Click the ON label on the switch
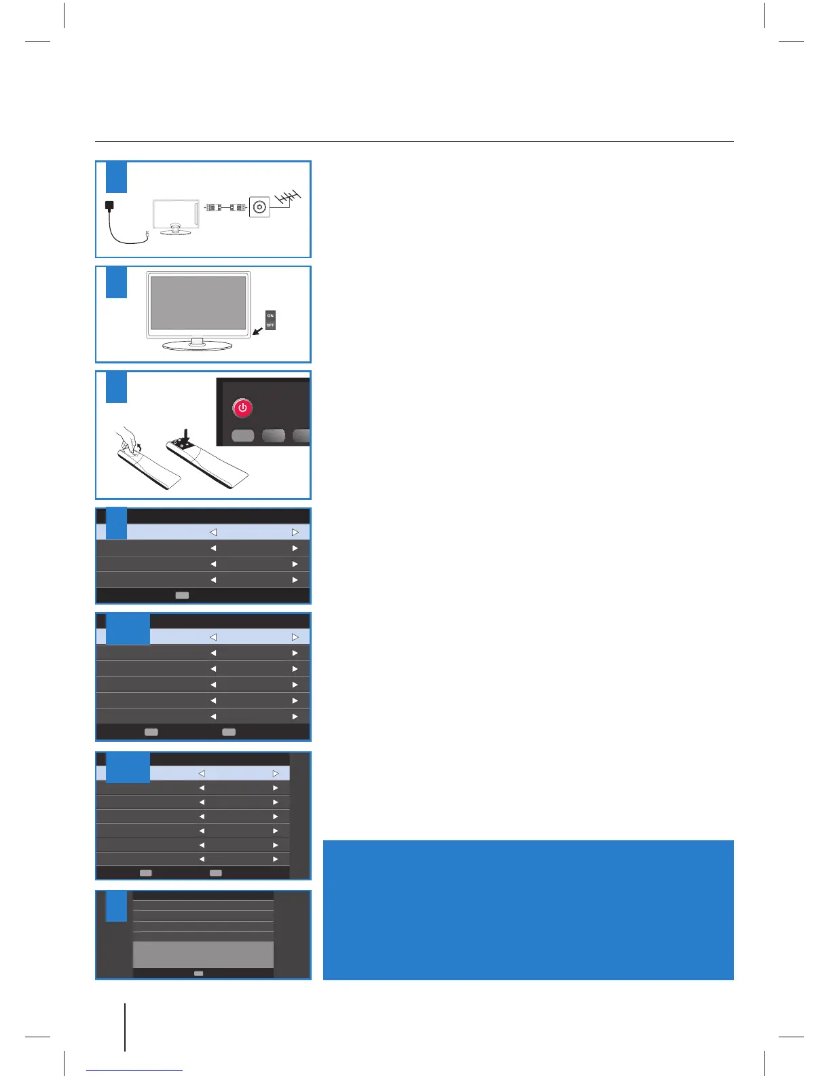coord(270,316)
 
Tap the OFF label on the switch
coord(270,325)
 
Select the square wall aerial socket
coord(259,207)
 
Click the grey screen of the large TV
coord(198,302)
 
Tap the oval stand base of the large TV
coord(198,345)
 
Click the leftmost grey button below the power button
coord(242,435)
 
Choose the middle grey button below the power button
coord(274,435)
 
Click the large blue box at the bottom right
coord(528,910)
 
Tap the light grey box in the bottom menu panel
coord(203,954)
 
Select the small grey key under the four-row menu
coord(182,595)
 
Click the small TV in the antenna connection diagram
coord(175,216)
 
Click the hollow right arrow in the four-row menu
coord(295,533)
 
